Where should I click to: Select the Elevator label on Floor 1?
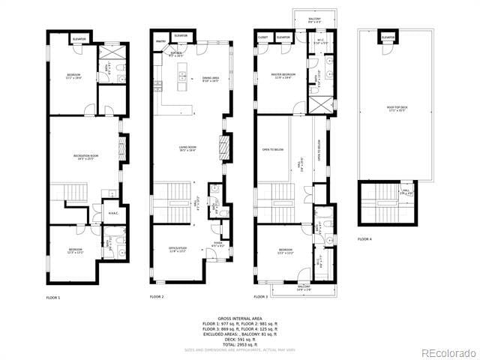coord(79,38)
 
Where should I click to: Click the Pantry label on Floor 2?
coord(160,41)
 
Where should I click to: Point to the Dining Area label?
coord(211,79)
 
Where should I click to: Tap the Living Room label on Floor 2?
coord(187,149)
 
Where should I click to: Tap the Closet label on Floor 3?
coord(263,37)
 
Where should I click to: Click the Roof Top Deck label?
coord(396,107)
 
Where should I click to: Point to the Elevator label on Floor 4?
coord(388,37)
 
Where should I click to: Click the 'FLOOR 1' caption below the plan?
coord(53,297)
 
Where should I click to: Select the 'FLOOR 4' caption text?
coord(364,239)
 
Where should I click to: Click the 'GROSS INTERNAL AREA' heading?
coord(239,318)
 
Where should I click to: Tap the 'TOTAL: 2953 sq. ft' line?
coord(239,344)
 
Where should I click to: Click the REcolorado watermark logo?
coord(448,352)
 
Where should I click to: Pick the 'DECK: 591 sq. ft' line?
coord(239,339)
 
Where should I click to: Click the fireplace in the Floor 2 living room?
coord(223,146)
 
